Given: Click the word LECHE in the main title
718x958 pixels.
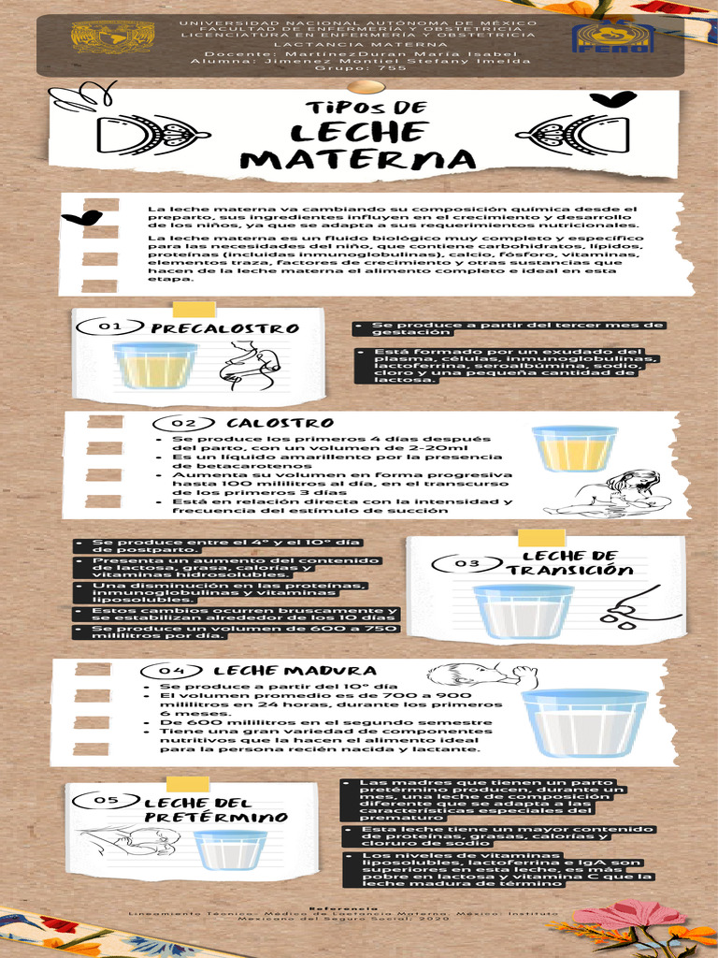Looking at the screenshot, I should [x=359, y=134].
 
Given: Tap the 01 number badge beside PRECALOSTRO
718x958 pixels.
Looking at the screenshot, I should [x=110, y=327].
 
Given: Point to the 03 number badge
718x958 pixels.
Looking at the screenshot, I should [x=465, y=563].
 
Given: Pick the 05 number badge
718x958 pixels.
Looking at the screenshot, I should [x=108, y=800].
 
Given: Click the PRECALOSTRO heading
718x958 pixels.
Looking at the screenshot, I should [x=225, y=328].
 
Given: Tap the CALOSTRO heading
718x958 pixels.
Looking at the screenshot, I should [x=267, y=424].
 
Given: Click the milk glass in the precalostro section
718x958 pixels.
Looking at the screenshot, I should [x=155, y=365].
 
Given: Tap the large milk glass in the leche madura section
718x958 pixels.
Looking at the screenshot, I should [x=584, y=722].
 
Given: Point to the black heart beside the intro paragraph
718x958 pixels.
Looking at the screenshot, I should [x=81, y=219].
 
